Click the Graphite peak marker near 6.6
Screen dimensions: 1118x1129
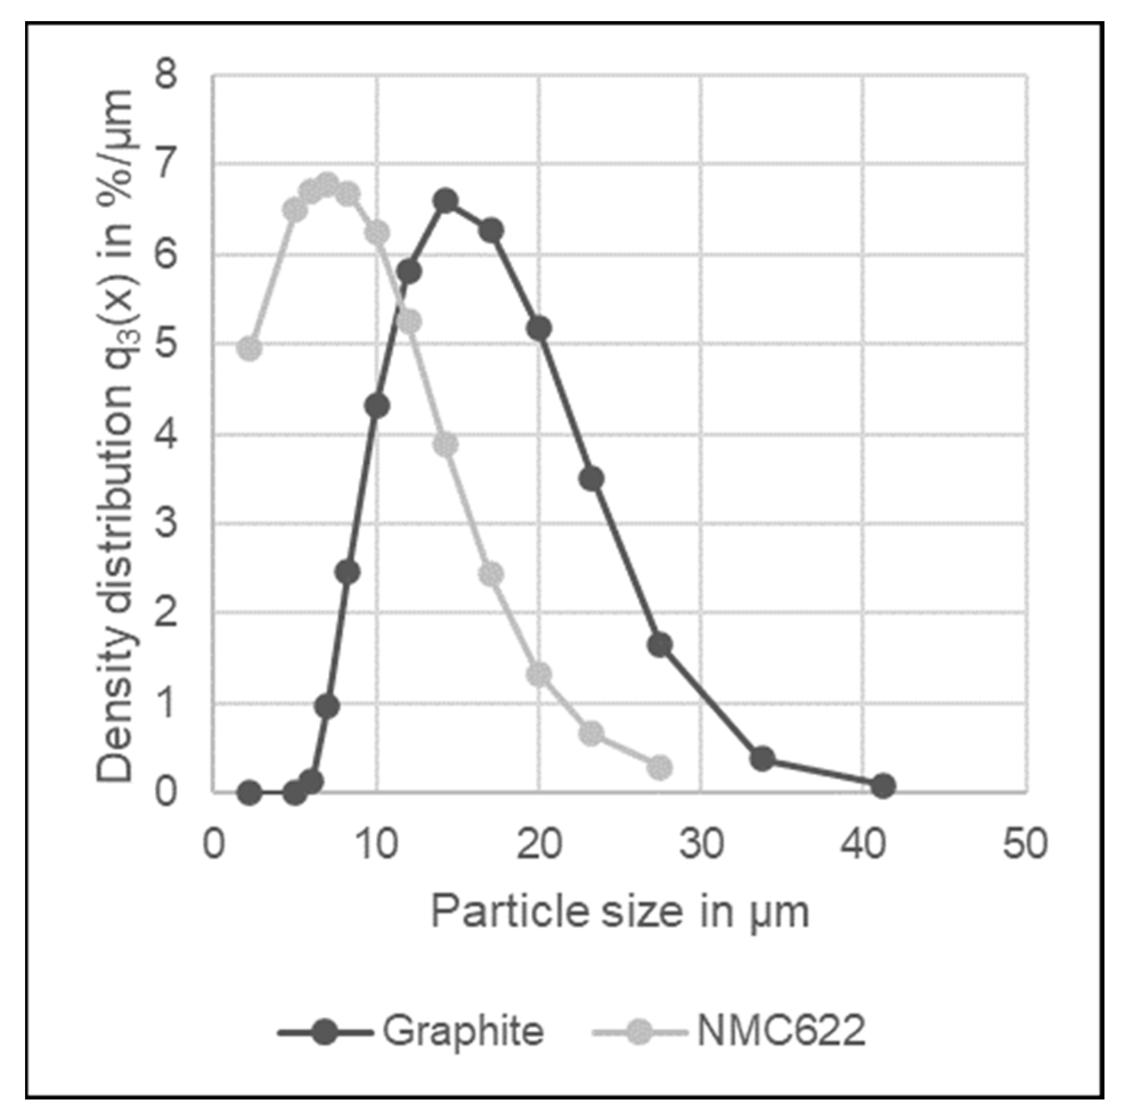pos(446,200)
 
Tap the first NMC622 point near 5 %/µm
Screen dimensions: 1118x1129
pos(249,349)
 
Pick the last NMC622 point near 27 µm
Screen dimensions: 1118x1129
pos(660,767)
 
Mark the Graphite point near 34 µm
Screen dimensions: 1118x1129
pos(763,759)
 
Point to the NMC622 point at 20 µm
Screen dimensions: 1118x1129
pos(539,674)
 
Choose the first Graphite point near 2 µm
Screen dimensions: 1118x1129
pos(249,792)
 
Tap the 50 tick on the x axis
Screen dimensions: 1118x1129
pos(1025,845)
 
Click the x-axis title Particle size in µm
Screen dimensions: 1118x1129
pos(619,912)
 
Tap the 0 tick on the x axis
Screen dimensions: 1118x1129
pos(213,845)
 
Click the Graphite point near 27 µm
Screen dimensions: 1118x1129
pos(660,645)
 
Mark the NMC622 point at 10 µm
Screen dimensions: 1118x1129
pos(377,232)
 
